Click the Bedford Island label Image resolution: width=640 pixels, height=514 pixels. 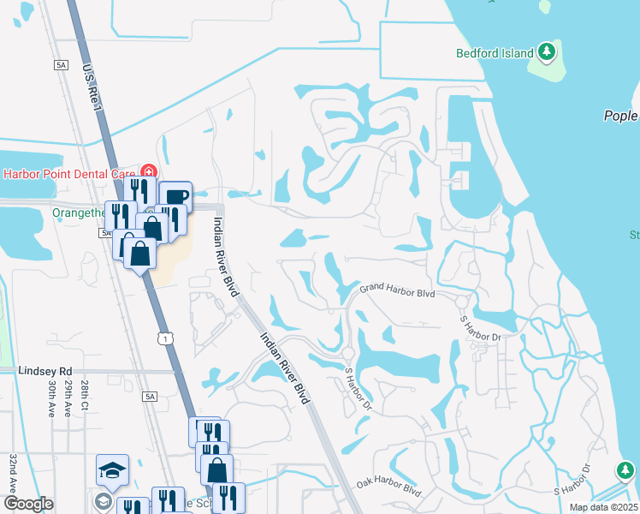(493, 51)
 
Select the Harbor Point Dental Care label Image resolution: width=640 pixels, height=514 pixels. (70, 173)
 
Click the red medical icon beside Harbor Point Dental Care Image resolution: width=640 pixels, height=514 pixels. (150, 172)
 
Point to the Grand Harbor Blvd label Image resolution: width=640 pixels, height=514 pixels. (397, 293)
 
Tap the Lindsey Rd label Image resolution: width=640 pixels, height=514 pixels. (43, 371)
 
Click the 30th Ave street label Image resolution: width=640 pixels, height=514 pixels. (52, 399)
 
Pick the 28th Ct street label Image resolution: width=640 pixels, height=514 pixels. (84, 395)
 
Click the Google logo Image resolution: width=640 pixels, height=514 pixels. (28, 504)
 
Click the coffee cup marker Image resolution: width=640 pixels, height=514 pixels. (175, 196)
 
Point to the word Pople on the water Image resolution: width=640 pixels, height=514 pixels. (621, 116)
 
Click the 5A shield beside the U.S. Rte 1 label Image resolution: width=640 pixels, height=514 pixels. (60, 64)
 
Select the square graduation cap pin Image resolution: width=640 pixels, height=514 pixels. (112, 469)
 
